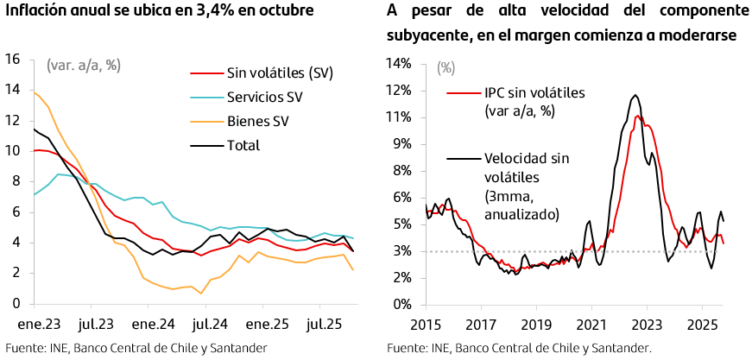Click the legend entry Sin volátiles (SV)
(280, 73)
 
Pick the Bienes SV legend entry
(257, 121)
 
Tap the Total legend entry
(243, 145)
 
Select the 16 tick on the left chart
(13, 59)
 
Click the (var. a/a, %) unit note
(83, 65)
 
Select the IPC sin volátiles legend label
(523, 92)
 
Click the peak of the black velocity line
(635, 95)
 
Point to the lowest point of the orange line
(201, 294)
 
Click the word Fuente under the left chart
(24, 348)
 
